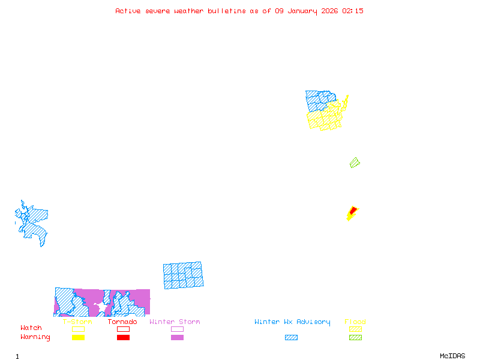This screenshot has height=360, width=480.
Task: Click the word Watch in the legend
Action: point(31,328)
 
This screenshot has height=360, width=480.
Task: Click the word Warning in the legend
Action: point(35,337)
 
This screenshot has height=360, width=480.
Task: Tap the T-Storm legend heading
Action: point(77,322)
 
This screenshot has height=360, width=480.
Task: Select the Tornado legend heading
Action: point(122,322)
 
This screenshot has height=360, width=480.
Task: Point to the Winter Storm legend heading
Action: point(175,322)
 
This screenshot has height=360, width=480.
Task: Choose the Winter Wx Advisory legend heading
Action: point(292,322)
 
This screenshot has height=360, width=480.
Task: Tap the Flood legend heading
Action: point(355,322)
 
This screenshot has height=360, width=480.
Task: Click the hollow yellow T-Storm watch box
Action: point(78,329)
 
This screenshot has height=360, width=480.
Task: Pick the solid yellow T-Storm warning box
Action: point(78,337)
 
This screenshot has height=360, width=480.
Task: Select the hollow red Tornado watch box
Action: point(123,329)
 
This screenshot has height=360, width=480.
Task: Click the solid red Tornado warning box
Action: point(123,337)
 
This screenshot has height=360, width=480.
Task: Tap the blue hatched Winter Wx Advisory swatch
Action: point(291,337)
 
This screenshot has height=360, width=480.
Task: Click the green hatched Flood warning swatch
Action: point(355,337)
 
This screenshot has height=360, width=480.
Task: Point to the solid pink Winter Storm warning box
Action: point(177,337)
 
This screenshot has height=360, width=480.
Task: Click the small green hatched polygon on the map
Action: point(355,163)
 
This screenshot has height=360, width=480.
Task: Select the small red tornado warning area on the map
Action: point(353,212)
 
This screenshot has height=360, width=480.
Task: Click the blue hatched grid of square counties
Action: point(183,275)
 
